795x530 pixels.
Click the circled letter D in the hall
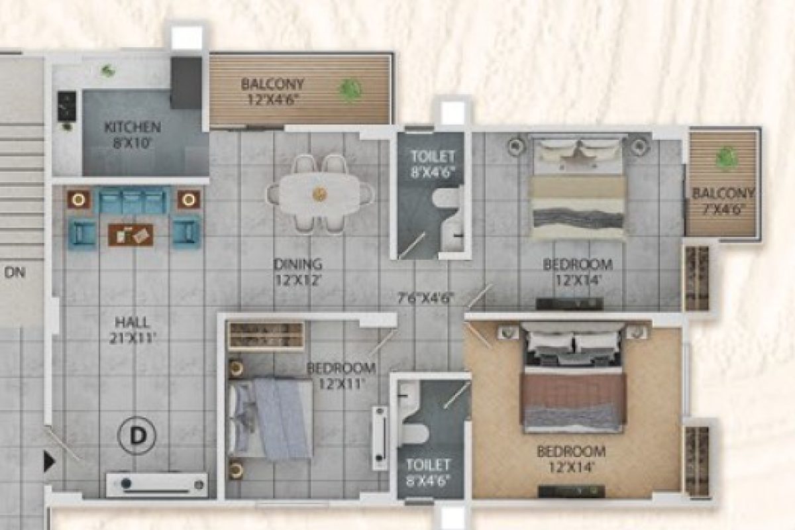click(136, 435)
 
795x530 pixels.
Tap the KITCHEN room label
click(132, 127)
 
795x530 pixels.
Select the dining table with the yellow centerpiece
click(320, 194)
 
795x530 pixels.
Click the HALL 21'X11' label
click(132, 331)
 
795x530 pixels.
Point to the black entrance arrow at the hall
click(49, 462)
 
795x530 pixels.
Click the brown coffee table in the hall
click(131, 235)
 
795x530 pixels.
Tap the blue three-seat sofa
click(132, 200)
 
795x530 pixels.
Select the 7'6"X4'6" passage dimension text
click(426, 298)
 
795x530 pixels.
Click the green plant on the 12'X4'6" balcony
click(350, 90)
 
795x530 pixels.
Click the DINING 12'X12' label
click(298, 272)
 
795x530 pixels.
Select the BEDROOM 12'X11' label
click(341, 376)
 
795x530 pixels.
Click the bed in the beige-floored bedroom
click(573, 377)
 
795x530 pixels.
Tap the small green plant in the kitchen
click(108, 71)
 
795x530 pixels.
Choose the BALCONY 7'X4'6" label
click(723, 201)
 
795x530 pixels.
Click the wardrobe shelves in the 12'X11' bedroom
click(266, 335)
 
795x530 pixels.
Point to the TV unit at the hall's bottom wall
click(156, 485)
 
